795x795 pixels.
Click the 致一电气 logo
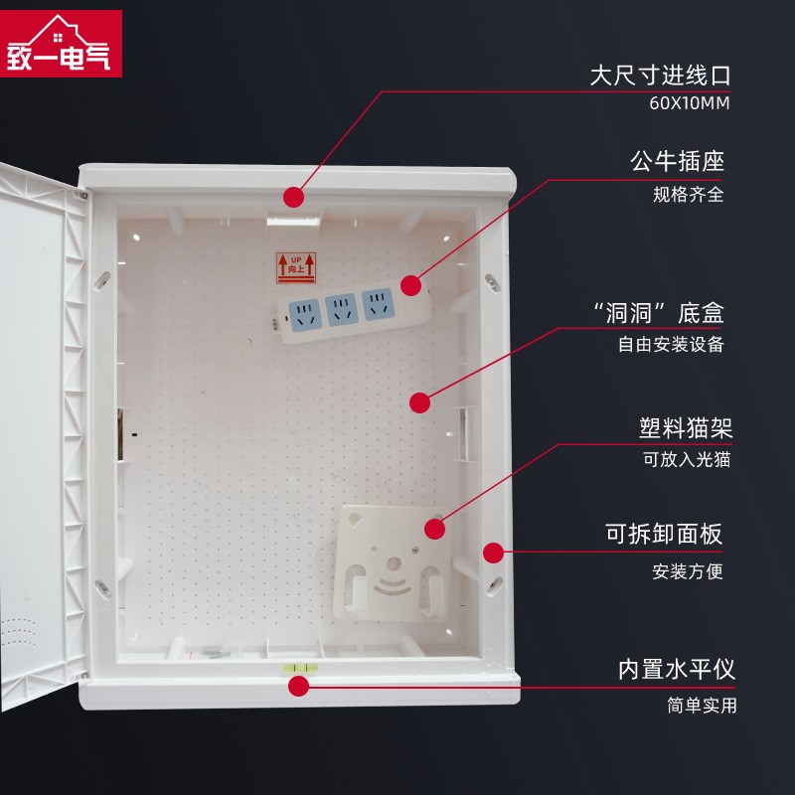62,44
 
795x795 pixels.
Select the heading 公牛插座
677,161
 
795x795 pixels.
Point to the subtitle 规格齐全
688,194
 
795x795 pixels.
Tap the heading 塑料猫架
686,428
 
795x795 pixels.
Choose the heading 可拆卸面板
665,535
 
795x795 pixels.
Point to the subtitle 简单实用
702,706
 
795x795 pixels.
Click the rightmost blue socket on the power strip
377,302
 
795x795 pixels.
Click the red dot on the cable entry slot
294,197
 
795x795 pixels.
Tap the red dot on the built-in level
298,686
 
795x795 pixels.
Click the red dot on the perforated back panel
419,402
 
